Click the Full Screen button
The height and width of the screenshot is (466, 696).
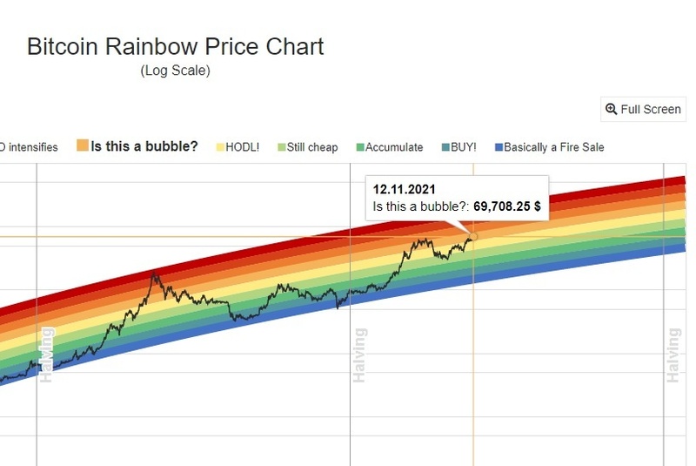click(x=643, y=109)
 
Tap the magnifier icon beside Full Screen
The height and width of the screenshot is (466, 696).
click(x=611, y=109)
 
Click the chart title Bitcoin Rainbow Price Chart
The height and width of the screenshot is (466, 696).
click(x=175, y=46)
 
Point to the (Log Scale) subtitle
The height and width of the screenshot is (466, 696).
click(x=175, y=71)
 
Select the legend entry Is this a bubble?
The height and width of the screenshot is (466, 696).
click(x=144, y=146)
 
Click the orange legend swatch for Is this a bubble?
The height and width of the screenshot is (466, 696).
click(x=83, y=146)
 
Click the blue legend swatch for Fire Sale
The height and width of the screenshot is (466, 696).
click(x=498, y=147)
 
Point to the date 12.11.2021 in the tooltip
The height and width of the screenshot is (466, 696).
click(x=405, y=189)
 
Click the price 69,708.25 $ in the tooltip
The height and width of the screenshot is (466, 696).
click(x=507, y=208)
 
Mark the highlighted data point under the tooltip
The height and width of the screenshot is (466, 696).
click(x=473, y=236)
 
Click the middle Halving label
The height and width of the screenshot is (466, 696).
click(x=359, y=355)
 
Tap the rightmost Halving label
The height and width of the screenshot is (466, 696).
click(x=673, y=355)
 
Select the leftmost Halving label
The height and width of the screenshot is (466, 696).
click(x=46, y=355)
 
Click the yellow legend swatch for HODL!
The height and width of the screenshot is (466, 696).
click(x=220, y=147)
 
